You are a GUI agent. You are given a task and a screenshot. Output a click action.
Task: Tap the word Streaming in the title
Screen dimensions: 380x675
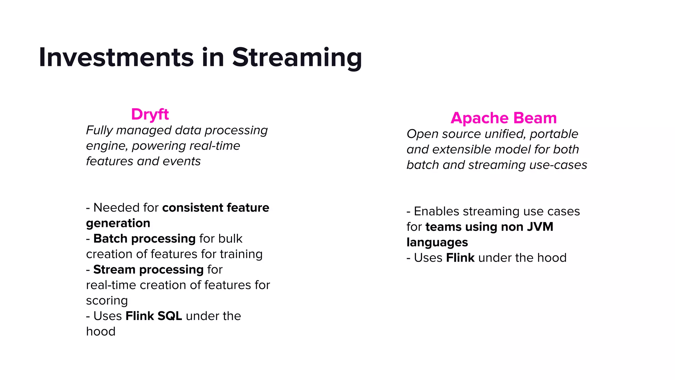(297, 58)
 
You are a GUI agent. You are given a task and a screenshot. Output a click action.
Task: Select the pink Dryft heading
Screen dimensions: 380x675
(150, 114)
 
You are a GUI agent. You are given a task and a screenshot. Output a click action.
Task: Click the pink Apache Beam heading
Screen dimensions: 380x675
(504, 118)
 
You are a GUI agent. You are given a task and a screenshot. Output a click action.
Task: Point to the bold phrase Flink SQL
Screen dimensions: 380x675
(154, 316)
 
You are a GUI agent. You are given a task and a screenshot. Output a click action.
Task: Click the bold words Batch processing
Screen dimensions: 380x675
(144, 238)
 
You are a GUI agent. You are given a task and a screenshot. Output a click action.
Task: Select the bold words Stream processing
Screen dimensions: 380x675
(148, 269)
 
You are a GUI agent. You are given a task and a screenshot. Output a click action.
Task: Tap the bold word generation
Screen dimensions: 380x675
(118, 223)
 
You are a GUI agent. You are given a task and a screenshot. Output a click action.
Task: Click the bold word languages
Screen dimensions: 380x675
(437, 242)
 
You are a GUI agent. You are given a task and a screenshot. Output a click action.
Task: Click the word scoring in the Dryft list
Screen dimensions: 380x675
(107, 301)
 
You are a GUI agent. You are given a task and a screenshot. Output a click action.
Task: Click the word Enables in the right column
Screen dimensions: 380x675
(436, 211)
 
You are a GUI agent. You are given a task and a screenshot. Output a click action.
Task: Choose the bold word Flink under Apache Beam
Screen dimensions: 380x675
(460, 258)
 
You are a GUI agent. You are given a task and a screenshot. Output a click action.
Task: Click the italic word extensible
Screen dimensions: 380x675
(461, 149)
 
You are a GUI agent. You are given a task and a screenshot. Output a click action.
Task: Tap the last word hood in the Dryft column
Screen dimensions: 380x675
(101, 332)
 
